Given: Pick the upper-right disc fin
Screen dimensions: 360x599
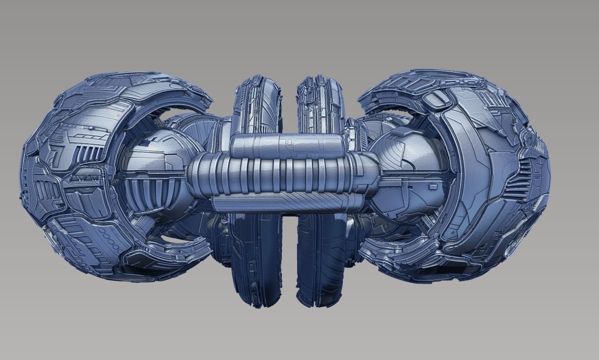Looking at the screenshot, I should coord(320,100).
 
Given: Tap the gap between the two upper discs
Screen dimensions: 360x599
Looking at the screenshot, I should coord(287,100).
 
